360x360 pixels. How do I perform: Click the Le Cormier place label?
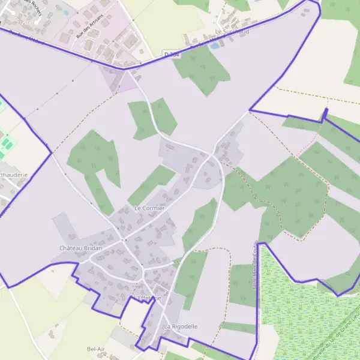(x=149, y=208)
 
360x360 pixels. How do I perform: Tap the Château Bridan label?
(x=81, y=248)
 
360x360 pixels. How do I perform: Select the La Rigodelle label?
(x=180, y=326)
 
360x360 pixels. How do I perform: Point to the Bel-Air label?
(x=96, y=349)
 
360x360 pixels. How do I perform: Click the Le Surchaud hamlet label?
(x=232, y=31)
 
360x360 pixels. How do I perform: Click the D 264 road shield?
(x=172, y=55)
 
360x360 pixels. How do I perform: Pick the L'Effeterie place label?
(x=147, y=298)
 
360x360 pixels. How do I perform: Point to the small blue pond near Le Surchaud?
(x=214, y=45)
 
